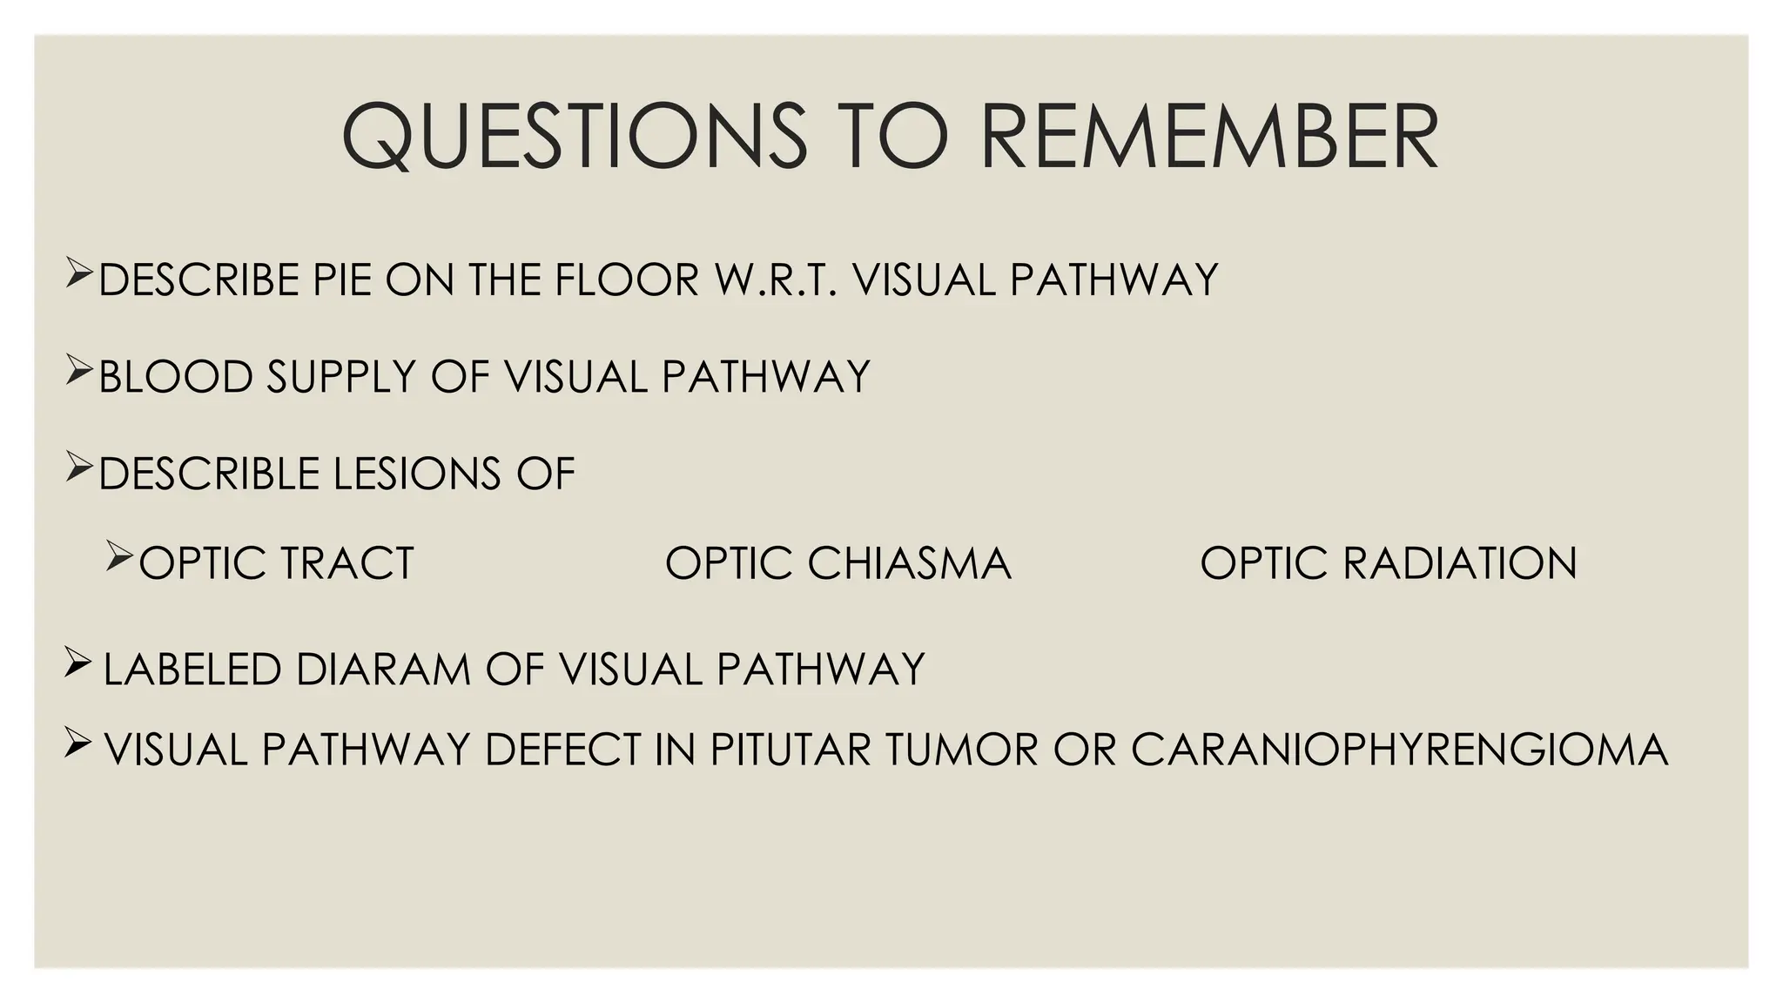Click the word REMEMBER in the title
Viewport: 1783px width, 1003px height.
(1209, 138)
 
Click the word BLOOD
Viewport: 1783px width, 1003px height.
(175, 377)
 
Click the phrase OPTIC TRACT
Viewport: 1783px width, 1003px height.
(276, 562)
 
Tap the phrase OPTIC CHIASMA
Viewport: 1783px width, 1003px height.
(838, 562)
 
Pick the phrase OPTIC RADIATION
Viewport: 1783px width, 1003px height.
(1389, 562)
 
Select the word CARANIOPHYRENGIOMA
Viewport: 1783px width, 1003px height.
(1399, 750)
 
